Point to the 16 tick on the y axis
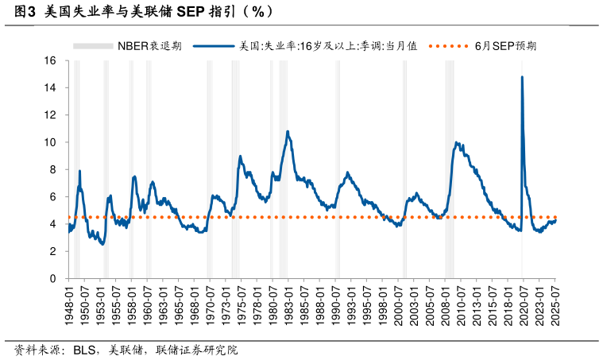50,60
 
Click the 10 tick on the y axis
50,142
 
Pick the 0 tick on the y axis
52,278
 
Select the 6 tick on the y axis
52,196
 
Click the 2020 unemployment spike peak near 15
522,77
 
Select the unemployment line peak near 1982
288,131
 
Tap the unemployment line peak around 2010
456,142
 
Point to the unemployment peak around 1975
240,156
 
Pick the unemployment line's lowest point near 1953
102,244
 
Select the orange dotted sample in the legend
449,46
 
